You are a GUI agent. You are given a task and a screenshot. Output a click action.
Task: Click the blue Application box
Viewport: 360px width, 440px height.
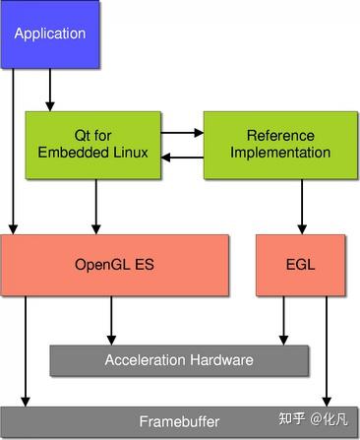[50, 34]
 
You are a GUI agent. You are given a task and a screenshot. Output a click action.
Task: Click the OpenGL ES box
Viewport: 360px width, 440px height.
[115, 265]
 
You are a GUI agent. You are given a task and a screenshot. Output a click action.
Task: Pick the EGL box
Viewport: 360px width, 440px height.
[300, 265]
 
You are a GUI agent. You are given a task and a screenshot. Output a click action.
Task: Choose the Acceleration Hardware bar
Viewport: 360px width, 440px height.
[178, 359]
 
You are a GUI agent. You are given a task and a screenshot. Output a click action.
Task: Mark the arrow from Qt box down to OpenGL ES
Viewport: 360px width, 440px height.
[95, 207]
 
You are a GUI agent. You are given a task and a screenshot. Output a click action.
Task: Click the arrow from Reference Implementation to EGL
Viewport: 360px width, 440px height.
[302, 207]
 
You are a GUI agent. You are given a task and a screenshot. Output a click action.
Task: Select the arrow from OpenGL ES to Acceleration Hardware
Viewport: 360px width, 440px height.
[112, 319]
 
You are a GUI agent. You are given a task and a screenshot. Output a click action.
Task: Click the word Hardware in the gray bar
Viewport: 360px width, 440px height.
[221, 359]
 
